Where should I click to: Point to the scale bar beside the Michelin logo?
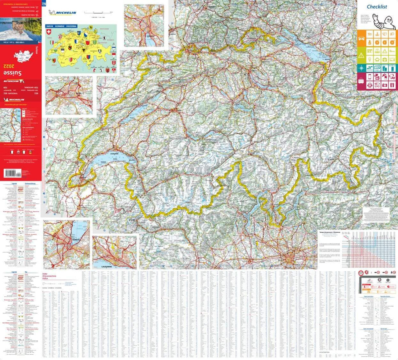(x=99, y=12)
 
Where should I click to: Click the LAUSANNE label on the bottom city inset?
(x=103, y=266)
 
